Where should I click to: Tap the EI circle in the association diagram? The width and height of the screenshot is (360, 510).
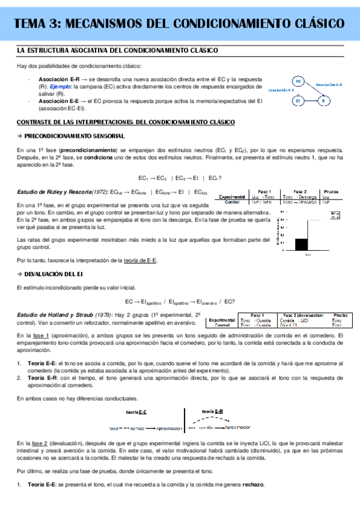click(298, 101)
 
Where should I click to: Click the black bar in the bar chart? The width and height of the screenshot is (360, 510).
click(302, 244)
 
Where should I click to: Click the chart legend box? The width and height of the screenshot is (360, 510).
click(335, 215)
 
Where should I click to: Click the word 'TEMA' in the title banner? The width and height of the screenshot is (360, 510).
click(32, 23)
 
